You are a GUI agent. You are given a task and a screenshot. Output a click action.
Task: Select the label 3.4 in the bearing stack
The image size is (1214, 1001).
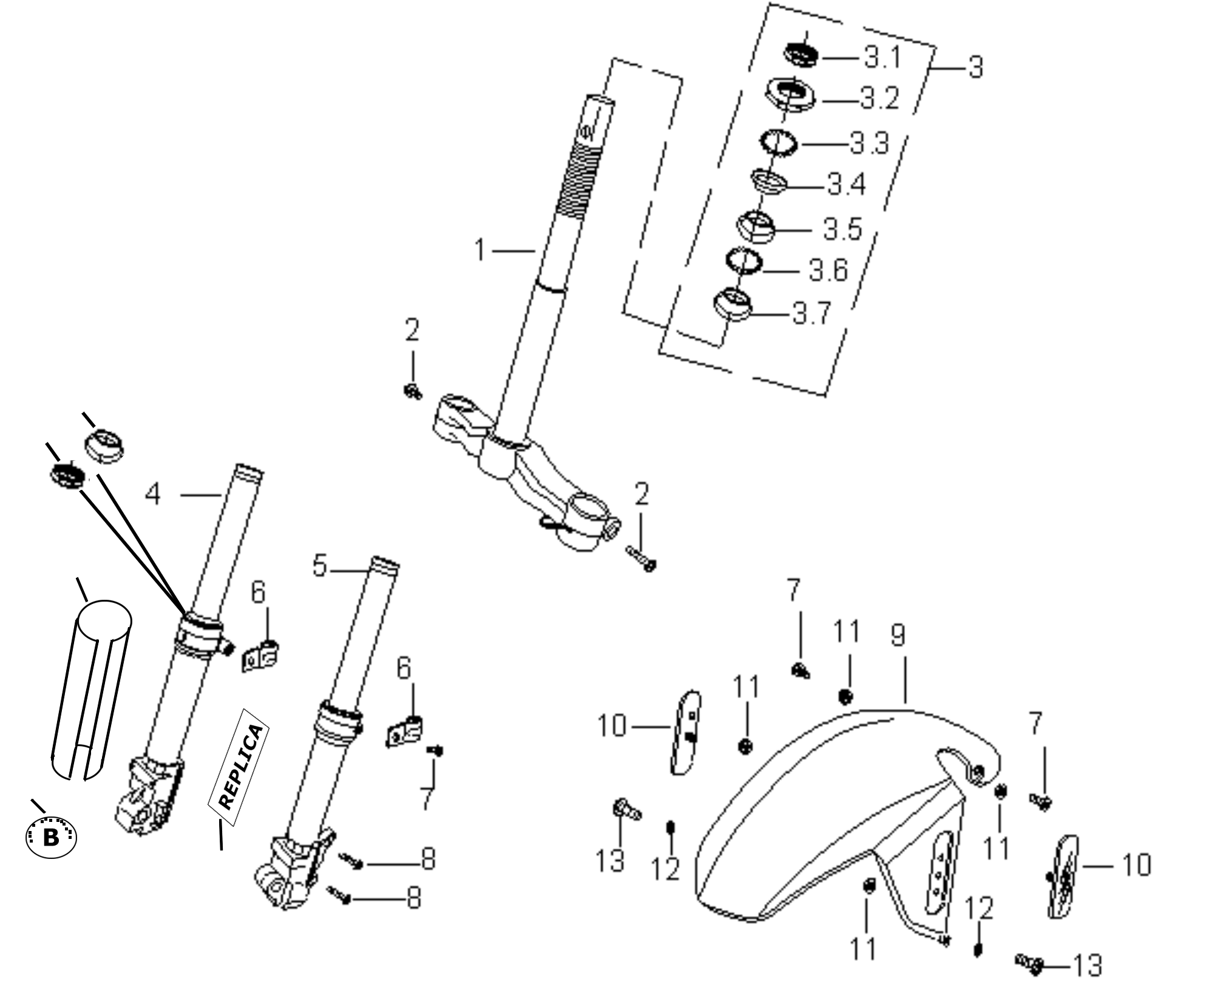tap(846, 184)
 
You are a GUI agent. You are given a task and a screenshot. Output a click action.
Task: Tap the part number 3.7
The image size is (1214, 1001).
tap(812, 314)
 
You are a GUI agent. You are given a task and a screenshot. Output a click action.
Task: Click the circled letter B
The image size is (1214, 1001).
tap(52, 838)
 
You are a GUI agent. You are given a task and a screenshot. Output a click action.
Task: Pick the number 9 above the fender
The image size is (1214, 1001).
tap(898, 635)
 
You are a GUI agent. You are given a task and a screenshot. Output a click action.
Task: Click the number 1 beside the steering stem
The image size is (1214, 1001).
tap(480, 249)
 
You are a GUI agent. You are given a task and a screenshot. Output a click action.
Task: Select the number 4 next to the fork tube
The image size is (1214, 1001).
tap(153, 494)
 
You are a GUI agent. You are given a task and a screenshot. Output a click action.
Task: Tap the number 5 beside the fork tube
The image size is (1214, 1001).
tap(320, 566)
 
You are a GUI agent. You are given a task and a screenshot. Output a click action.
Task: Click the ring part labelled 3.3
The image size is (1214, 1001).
tap(780, 143)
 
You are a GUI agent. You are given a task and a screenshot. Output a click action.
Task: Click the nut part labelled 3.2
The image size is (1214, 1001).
tap(790, 95)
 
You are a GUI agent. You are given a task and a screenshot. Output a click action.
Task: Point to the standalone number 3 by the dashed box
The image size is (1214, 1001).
tap(975, 67)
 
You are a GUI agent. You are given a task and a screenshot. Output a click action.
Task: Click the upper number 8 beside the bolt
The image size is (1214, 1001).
tap(429, 859)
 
